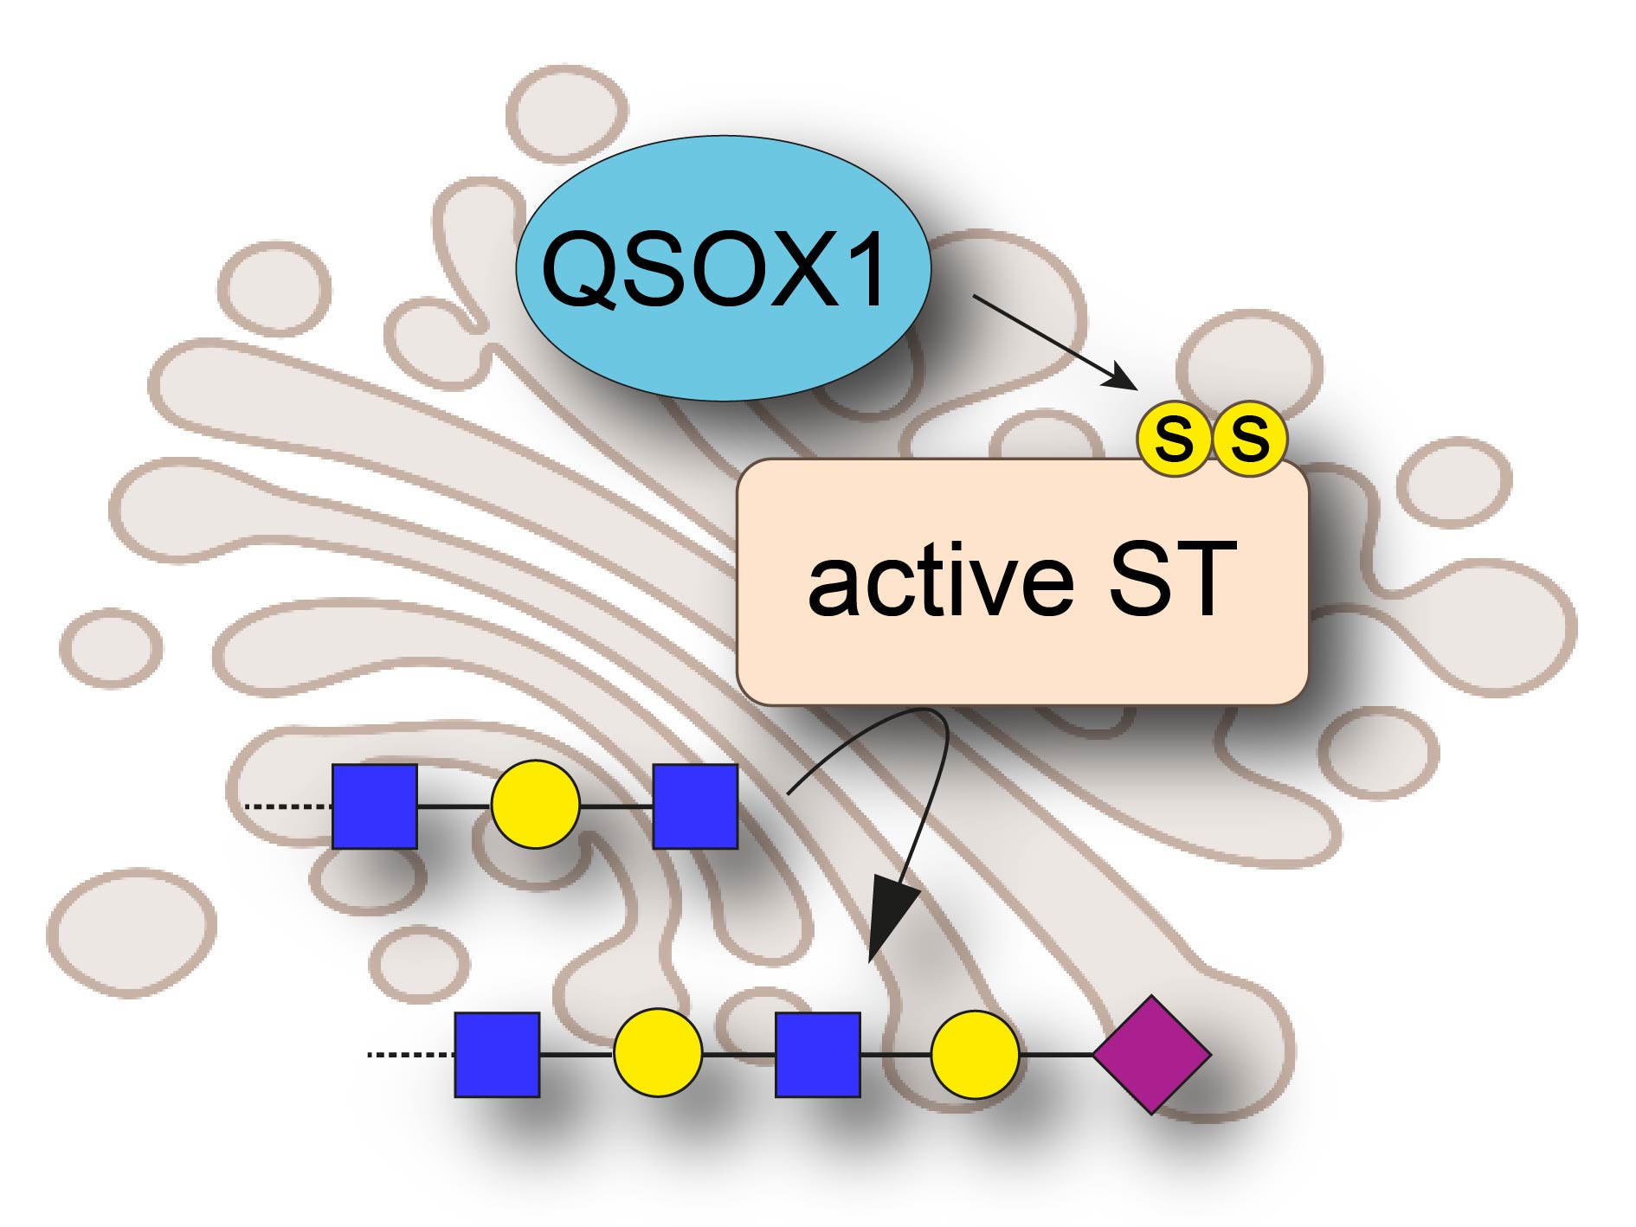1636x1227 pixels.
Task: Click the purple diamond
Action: (x=1151, y=1054)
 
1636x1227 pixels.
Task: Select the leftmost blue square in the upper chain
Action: (x=375, y=806)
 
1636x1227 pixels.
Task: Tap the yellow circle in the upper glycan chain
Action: (x=535, y=805)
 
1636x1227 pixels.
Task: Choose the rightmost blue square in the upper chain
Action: (x=695, y=806)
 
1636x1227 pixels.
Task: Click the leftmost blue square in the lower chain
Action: (x=498, y=1055)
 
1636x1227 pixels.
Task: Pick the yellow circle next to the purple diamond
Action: (x=975, y=1054)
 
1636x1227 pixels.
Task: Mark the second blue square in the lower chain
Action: (x=818, y=1055)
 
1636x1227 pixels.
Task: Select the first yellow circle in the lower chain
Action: (x=658, y=1054)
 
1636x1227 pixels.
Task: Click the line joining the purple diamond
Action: (x=1056, y=1054)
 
